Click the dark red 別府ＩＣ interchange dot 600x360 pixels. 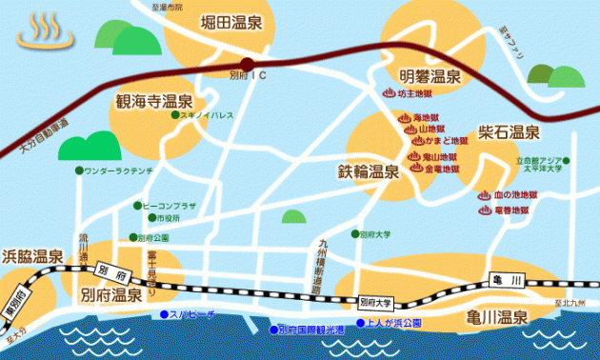248,64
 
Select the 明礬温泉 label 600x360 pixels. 430,75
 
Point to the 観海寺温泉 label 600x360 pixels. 155,101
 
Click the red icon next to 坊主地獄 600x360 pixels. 388,93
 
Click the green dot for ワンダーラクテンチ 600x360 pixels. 78,170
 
